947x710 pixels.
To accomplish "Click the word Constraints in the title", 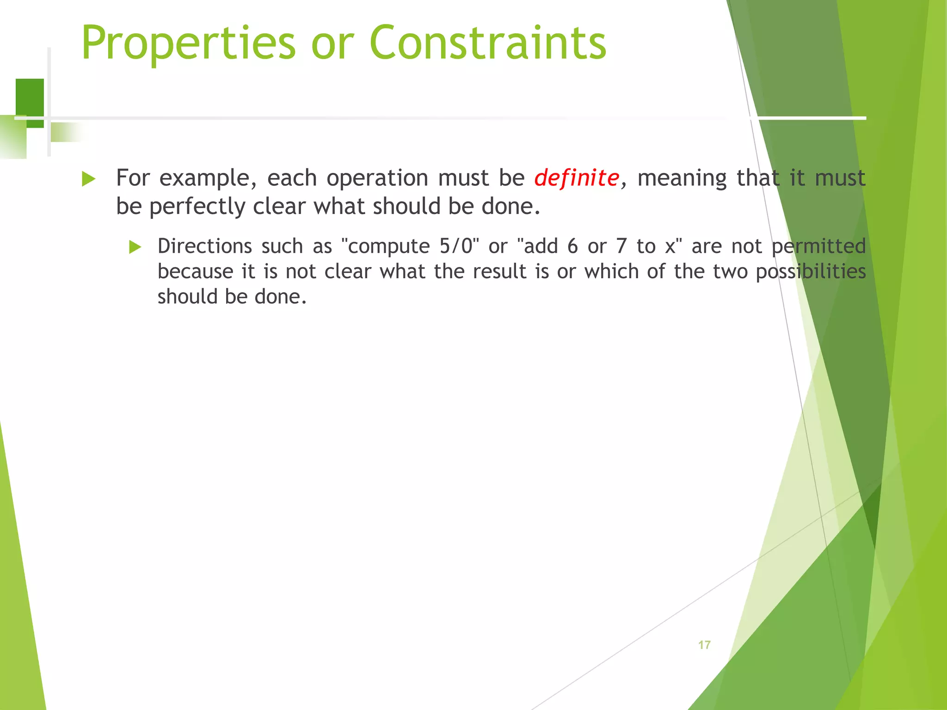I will tap(488, 43).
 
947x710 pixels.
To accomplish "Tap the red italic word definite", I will tap(577, 178).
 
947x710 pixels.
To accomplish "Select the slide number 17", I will tap(704, 645).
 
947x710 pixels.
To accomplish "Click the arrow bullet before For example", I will tap(88, 179).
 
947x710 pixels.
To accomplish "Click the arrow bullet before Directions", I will tap(135, 247).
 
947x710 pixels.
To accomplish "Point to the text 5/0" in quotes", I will tap(459, 246).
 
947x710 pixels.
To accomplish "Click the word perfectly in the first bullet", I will tap(197, 207).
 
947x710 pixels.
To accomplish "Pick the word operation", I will tap(377, 178).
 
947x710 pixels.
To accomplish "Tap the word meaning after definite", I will tap(682, 178).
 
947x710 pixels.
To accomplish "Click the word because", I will tap(195, 271).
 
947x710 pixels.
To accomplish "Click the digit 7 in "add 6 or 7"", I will tap(621, 246).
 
